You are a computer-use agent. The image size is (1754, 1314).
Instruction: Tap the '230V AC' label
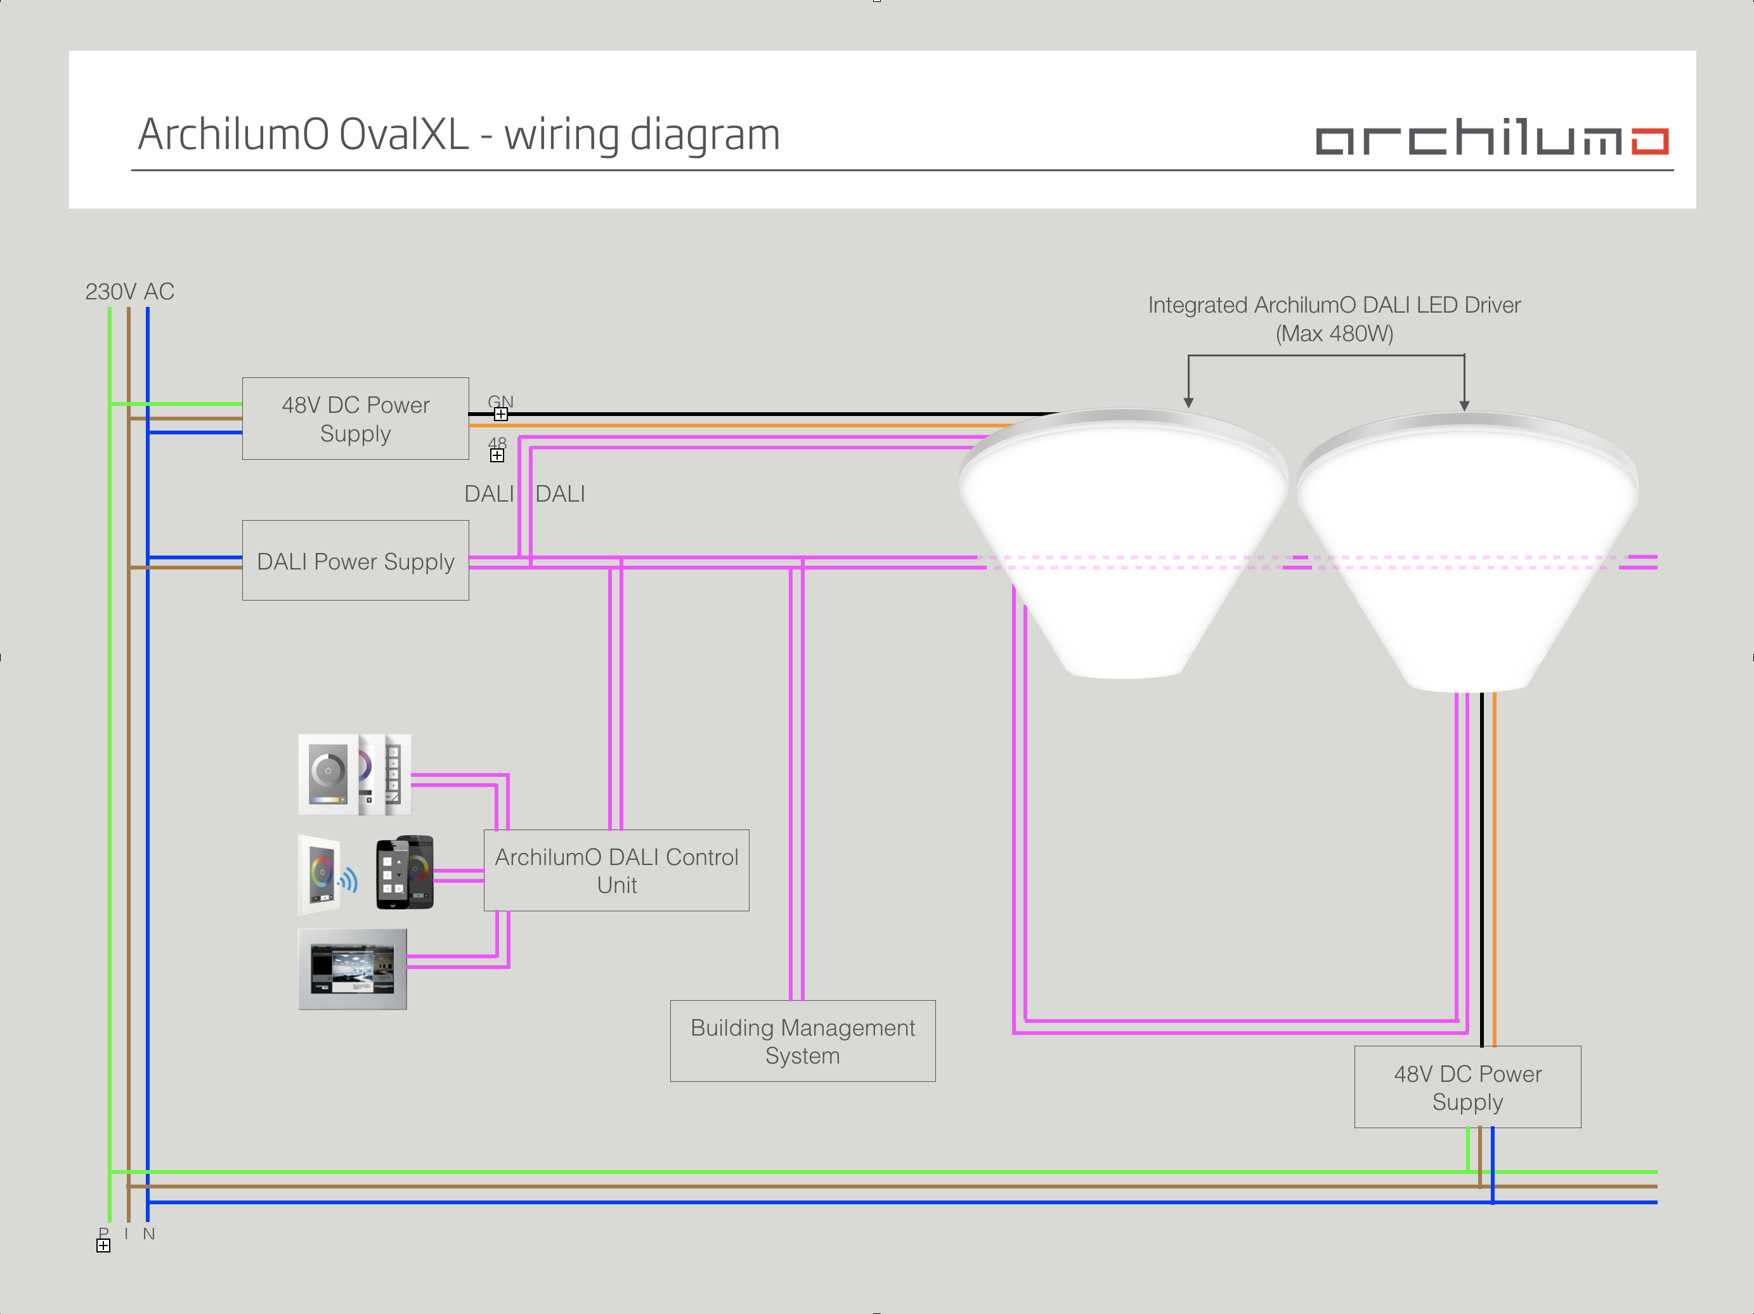pyautogui.click(x=129, y=292)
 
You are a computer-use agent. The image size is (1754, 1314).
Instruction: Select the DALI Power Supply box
pyautogui.click(x=355, y=561)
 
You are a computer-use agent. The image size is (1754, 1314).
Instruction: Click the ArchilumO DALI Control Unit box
pyautogui.click(x=616, y=870)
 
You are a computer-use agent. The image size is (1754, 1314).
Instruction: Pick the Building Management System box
pyautogui.click(x=802, y=1041)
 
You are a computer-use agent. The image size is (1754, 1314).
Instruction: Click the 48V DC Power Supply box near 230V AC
pyautogui.click(x=355, y=419)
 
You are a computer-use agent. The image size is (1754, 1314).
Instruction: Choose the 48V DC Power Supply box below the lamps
pyautogui.click(x=1467, y=1086)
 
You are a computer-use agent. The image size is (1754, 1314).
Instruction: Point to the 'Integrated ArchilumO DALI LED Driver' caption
pyautogui.click(x=1334, y=305)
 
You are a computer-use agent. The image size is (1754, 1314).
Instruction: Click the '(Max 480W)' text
pyautogui.click(x=1334, y=334)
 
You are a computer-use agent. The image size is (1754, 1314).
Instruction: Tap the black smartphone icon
pyautogui.click(x=405, y=872)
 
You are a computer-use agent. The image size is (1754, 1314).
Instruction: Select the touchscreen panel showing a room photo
pyautogui.click(x=353, y=968)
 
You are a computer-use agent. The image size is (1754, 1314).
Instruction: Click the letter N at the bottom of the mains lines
pyautogui.click(x=149, y=1234)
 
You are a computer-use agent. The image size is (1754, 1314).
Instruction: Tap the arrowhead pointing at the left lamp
pyautogui.click(x=1188, y=402)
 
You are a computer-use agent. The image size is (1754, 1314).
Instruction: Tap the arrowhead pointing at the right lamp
pyautogui.click(x=1464, y=405)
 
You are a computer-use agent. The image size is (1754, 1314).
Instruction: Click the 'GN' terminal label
pyautogui.click(x=500, y=401)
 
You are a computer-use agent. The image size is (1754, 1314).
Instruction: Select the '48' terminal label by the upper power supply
pyautogui.click(x=497, y=443)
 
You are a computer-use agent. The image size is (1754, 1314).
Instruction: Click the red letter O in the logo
pyautogui.click(x=1649, y=141)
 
